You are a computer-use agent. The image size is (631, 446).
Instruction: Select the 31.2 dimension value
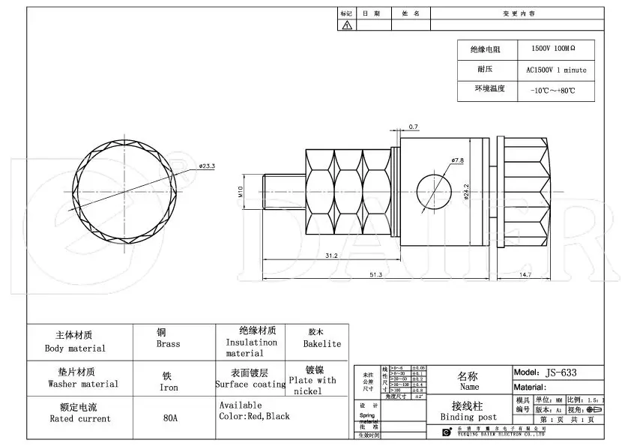click(330, 256)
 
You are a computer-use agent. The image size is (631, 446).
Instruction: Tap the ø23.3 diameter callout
click(208, 166)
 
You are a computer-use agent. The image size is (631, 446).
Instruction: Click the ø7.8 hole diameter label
click(458, 160)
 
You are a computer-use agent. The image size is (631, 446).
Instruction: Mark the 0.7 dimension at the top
click(414, 126)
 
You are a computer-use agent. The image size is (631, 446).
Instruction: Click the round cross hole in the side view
click(432, 190)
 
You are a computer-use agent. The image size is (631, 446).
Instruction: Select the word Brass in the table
click(168, 344)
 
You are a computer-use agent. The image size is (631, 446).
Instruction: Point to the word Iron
click(169, 388)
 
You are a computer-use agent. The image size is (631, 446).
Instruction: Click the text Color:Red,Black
click(254, 416)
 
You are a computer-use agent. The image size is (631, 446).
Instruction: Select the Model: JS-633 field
click(545, 372)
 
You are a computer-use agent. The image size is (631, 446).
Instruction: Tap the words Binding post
click(468, 417)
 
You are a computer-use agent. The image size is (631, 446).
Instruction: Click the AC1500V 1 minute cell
click(556, 70)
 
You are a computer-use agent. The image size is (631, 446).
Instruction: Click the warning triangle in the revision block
click(347, 25)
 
